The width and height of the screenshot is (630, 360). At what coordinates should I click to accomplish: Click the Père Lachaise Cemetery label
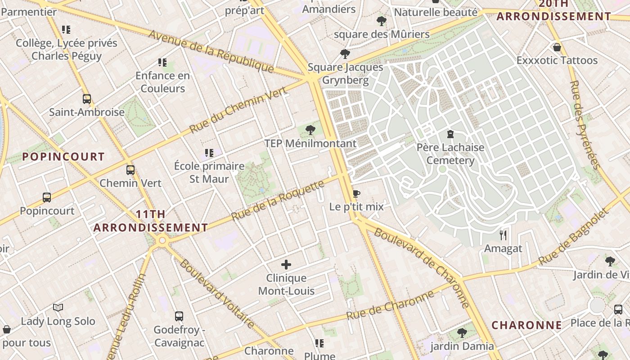click(450, 154)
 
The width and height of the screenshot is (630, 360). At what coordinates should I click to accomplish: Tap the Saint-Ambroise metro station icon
click(87, 99)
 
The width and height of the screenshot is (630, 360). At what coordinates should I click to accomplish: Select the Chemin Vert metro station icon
click(130, 170)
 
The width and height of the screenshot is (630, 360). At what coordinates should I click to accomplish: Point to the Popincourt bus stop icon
click(47, 198)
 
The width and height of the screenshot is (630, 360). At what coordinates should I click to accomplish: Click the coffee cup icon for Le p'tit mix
click(356, 193)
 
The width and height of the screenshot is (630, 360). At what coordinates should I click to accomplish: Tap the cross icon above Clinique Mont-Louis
click(286, 265)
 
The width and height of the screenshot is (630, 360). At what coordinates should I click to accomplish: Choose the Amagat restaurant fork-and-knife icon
click(503, 235)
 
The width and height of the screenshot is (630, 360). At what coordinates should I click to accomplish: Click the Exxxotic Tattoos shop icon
click(557, 47)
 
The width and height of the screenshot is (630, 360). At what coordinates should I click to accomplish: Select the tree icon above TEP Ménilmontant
click(310, 130)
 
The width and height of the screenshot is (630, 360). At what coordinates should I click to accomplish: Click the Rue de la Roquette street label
click(278, 200)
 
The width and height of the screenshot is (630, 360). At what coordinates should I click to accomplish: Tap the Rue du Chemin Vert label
click(238, 110)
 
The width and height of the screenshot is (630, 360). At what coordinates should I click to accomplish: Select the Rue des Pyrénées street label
click(585, 125)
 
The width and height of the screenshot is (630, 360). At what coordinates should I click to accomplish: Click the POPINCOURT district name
click(63, 157)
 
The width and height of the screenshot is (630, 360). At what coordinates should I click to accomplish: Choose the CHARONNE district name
click(526, 325)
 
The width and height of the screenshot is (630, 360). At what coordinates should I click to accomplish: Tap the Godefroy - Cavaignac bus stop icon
click(179, 316)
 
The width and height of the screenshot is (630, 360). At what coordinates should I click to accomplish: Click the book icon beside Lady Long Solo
click(58, 307)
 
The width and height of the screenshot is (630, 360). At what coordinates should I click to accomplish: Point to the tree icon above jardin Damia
click(462, 333)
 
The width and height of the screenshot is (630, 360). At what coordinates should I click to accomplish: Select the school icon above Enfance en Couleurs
click(162, 63)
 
